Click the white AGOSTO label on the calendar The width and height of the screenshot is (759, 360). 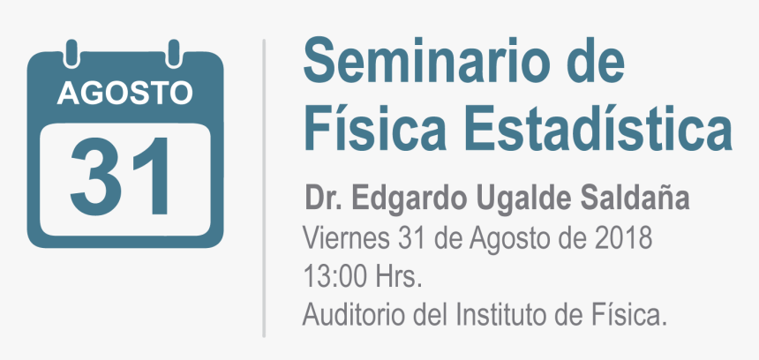click(125, 94)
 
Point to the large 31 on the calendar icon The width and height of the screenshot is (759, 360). click(121, 176)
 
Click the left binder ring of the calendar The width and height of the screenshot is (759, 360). click(71, 53)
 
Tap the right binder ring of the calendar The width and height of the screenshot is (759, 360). click(174, 53)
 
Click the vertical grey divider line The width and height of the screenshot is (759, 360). click(264, 188)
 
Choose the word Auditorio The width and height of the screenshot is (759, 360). click(354, 316)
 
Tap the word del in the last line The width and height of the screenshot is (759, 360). click(431, 316)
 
